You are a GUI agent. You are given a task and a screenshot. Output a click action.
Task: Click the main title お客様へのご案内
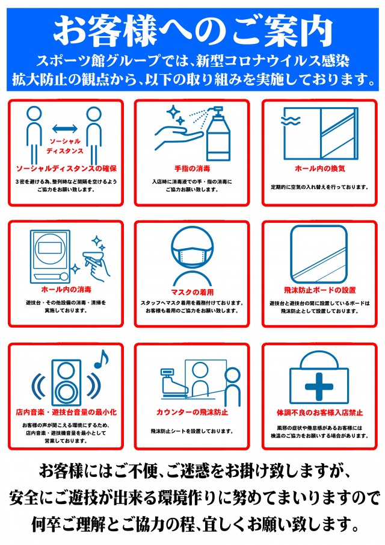[x=192, y=31]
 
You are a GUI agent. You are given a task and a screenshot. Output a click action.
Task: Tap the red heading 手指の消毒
[x=192, y=169]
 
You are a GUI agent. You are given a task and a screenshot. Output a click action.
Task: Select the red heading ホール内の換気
[x=320, y=169]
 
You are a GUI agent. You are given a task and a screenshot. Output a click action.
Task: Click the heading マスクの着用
[x=192, y=292]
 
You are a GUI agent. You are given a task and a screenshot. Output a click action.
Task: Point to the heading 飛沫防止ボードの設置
[x=320, y=290]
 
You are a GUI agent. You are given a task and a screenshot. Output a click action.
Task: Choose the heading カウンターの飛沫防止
[x=192, y=413]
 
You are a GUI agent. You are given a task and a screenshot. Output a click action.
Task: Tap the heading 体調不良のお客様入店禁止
[x=320, y=413]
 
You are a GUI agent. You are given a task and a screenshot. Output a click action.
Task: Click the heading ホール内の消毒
[x=66, y=289]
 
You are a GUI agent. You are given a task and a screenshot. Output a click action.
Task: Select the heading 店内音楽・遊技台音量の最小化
[x=66, y=413]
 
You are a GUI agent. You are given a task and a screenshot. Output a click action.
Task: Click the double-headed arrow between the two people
[x=65, y=129]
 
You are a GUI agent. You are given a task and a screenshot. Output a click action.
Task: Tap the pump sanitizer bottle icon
[x=218, y=134]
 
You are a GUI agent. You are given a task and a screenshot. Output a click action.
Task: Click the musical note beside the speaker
[x=101, y=359]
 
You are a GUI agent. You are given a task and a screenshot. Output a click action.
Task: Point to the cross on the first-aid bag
[x=319, y=387]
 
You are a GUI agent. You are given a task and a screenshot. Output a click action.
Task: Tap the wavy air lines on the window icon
[x=291, y=121]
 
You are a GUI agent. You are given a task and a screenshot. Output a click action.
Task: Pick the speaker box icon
[x=66, y=382]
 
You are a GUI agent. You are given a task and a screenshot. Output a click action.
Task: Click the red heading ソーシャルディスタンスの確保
[x=66, y=169]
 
